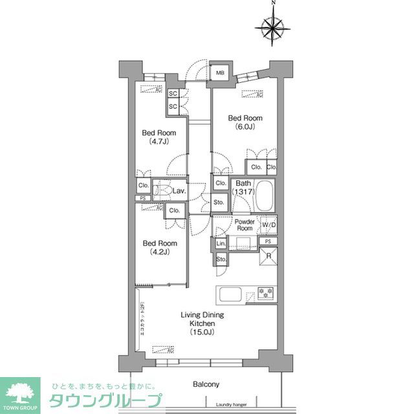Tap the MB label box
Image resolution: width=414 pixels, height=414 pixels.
point(221,73)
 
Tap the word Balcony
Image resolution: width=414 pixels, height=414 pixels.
point(206,384)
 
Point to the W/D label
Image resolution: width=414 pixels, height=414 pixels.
point(268,225)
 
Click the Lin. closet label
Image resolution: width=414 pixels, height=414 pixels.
point(221,244)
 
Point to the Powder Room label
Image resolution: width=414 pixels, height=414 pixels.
point(244,225)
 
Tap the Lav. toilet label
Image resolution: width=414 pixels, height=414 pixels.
point(179,191)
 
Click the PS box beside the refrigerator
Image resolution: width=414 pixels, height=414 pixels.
point(268,241)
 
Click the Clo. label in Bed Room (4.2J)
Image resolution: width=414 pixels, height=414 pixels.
point(173,211)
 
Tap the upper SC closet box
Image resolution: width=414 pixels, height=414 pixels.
point(173,93)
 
